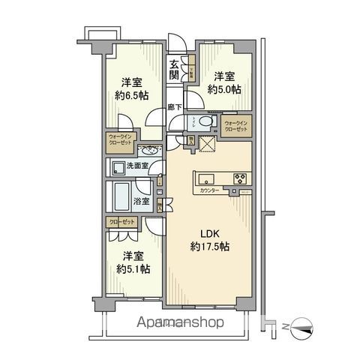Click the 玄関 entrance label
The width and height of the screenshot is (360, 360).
pyautogui.click(x=174, y=70)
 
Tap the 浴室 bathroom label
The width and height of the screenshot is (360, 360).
pyautogui.click(x=142, y=201)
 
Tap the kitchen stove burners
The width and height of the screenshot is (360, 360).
pyautogui.click(x=241, y=178)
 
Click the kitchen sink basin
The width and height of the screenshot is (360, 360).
pyautogui.click(x=207, y=179)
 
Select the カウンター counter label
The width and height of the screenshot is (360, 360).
pyautogui.click(x=210, y=191)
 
